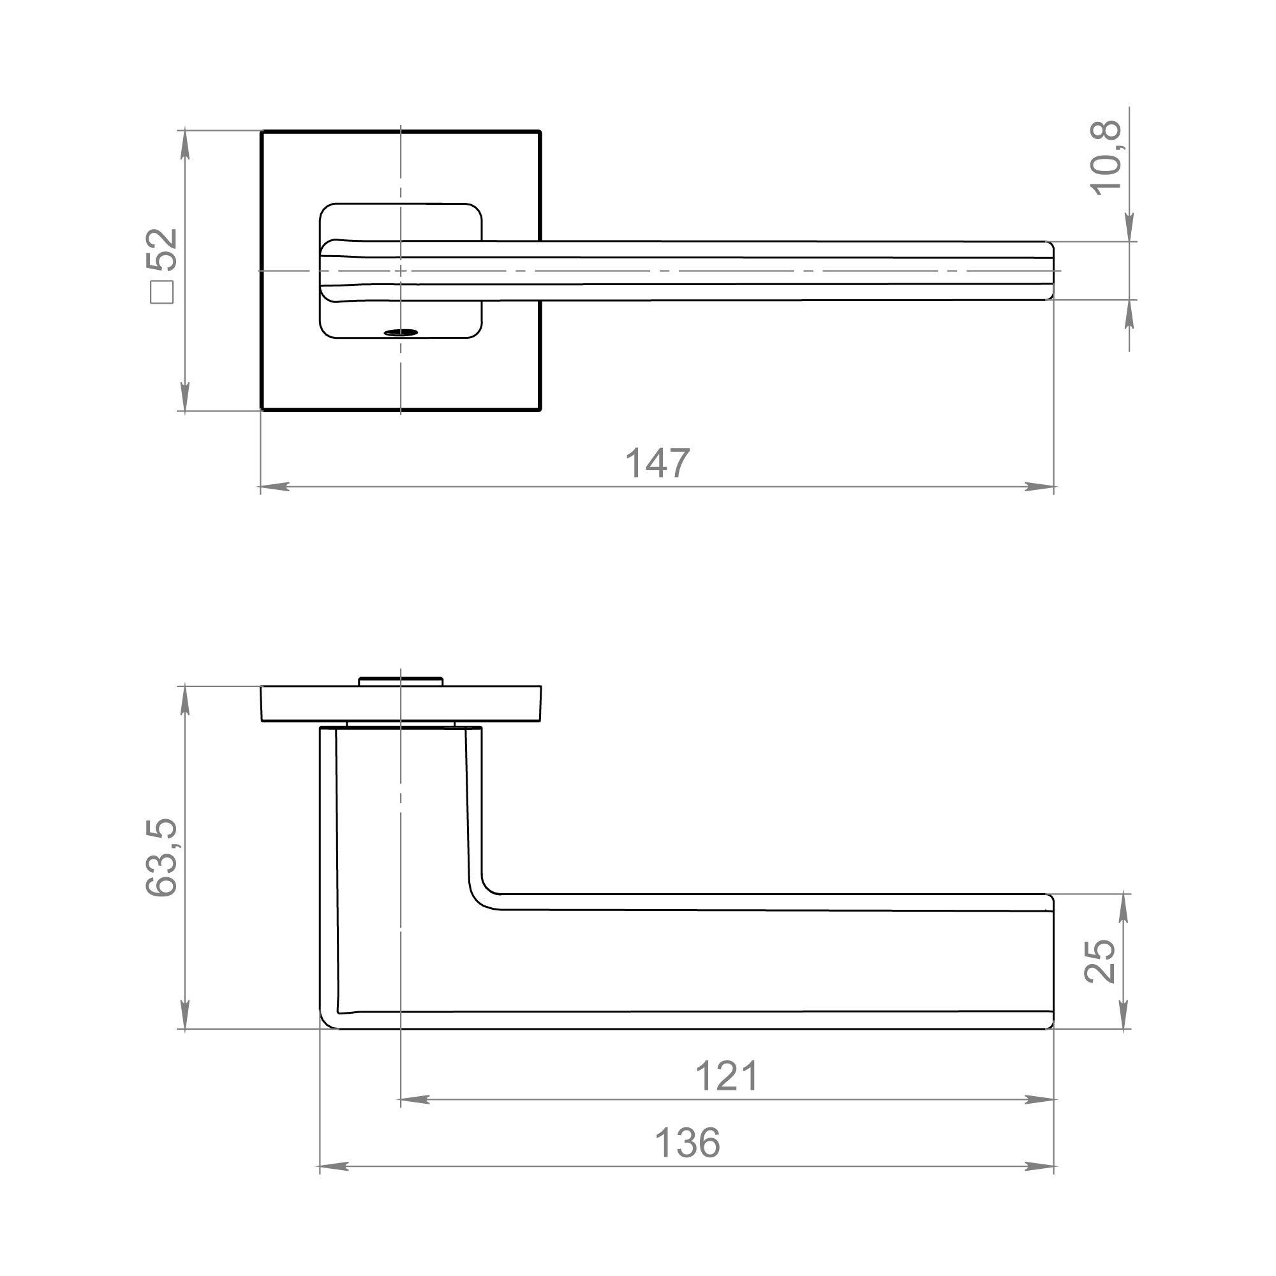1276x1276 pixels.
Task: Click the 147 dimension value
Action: pos(657,463)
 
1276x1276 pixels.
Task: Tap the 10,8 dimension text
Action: pos(1106,158)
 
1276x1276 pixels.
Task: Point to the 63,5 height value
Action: pos(162,857)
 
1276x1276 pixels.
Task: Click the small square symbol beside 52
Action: pos(162,293)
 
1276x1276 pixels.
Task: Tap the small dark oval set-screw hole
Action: pos(401,332)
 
